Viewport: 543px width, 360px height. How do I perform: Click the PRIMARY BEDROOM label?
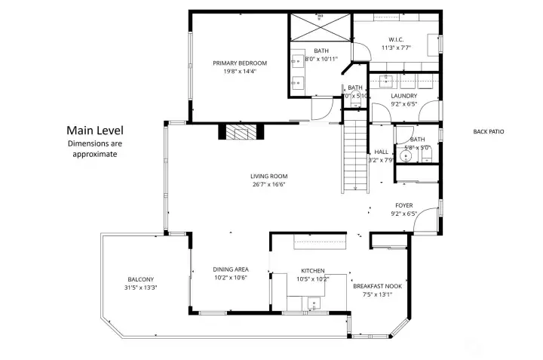click(240, 63)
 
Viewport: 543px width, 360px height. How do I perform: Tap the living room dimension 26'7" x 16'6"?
click(268, 184)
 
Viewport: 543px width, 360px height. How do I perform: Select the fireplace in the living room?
click(241, 132)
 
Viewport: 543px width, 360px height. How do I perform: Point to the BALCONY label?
click(140, 279)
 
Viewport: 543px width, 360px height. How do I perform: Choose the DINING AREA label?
click(230, 269)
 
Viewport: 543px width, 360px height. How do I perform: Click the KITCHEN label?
click(312, 270)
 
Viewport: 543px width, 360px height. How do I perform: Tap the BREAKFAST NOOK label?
click(377, 287)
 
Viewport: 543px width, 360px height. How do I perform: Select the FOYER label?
click(404, 205)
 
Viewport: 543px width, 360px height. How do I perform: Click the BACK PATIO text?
click(488, 132)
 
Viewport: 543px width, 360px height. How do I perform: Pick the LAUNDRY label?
click(403, 96)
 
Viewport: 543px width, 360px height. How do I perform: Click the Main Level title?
click(94, 130)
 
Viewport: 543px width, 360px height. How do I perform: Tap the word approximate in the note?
click(94, 154)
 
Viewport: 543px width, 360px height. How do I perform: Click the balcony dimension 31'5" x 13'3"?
click(140, 288)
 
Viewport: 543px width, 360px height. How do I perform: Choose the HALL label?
click(381, 152)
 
